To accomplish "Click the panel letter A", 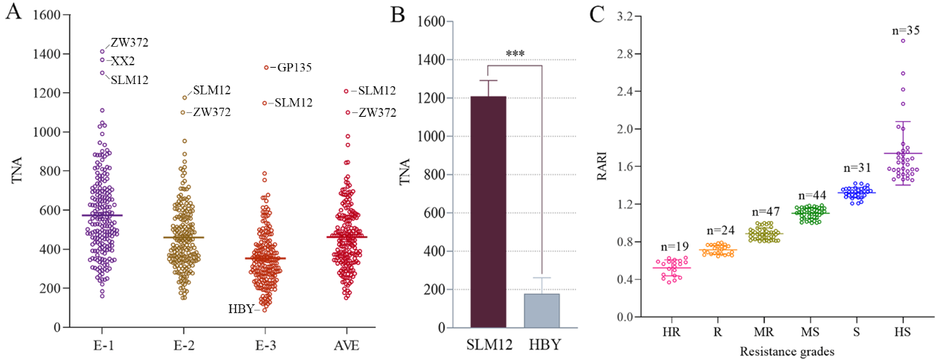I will coord(13,13).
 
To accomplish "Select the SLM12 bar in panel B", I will coord(489,211).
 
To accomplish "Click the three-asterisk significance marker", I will coord(515,54).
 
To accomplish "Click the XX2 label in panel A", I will coord(122,60).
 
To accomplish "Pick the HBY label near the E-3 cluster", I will coord(241,309).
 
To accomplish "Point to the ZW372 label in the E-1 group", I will coord(129,42).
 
